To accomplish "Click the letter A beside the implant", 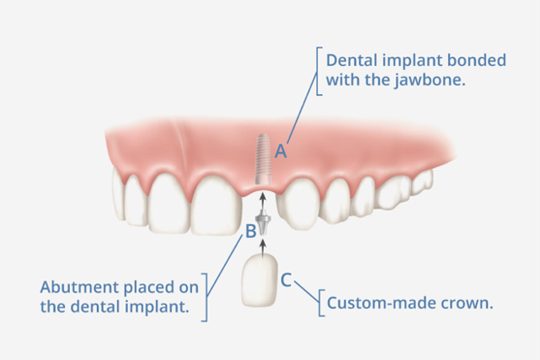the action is [280, 151].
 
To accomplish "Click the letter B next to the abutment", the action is [251, 231].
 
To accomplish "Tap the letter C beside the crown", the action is [286, 280].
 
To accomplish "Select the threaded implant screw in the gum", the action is [263, 159].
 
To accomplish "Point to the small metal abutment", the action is [263, 224].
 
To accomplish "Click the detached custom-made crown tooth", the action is [260, 280].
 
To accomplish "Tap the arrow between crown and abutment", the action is [263, 247].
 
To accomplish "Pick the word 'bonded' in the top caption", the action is [476, 61].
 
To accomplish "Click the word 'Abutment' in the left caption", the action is [80, 287].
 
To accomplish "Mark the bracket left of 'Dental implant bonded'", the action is [318, 71].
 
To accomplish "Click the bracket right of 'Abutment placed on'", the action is [206, 298].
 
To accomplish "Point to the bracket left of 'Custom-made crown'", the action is [320, 303].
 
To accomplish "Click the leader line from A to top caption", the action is [302, 107].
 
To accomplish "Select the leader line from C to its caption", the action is [306, 292].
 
